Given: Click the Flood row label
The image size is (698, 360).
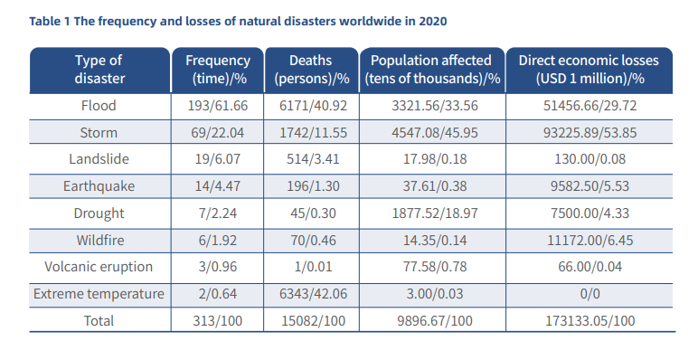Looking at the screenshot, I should [99, 106].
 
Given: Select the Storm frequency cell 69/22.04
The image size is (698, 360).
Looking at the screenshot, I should [217, 132].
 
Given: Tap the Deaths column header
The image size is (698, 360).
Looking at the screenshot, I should [310, 70].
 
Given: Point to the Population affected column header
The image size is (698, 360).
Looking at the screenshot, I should [431, 70].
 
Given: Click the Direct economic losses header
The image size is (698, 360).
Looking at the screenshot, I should [588, 70].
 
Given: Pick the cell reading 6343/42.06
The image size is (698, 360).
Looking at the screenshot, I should [310, 294].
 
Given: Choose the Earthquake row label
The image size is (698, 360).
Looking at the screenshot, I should [99, 186].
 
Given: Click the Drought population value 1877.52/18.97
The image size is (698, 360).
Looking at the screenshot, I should [431, 213].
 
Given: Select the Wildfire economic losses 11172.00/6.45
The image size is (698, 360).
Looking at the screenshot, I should [588, 241].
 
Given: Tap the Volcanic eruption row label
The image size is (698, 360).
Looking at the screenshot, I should [99, 268].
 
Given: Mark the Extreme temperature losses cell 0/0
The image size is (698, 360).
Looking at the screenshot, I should [588, 294].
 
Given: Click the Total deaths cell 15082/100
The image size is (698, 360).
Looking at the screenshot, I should [310, 320].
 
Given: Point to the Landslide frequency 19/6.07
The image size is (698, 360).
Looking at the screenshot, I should [217, 159].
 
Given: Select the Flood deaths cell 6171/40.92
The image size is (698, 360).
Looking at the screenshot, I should [310, 106].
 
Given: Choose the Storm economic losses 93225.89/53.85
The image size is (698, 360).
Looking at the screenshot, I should [588, 132].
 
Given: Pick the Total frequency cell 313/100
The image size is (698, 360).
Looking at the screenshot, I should [217, 320].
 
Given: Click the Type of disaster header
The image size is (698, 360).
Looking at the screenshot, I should [99, 70].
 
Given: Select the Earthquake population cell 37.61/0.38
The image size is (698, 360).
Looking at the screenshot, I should [431, 186].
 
